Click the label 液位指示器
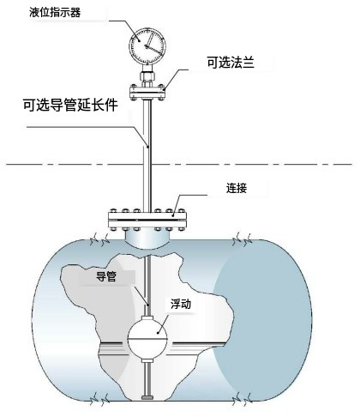pos(55,13)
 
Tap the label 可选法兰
pos(231,63)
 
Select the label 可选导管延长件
pos(70,105)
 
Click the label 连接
pos(237,188)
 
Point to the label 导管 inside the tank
pos(106,276)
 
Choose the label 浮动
pos(181,304)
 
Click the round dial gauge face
pos(147,45)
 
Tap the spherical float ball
pos(147,339)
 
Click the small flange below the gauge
pos(147,92)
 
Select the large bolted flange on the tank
pos(147,220)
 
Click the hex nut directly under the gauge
pos(147,76)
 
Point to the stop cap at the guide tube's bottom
pos(147,397)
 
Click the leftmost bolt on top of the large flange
pos(114,211)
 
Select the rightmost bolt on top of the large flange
pos(181,211)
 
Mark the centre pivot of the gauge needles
pos(147,46)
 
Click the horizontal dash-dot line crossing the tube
pos(179,165)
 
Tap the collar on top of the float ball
pos(147,318)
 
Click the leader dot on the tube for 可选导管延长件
pos(147,147)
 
